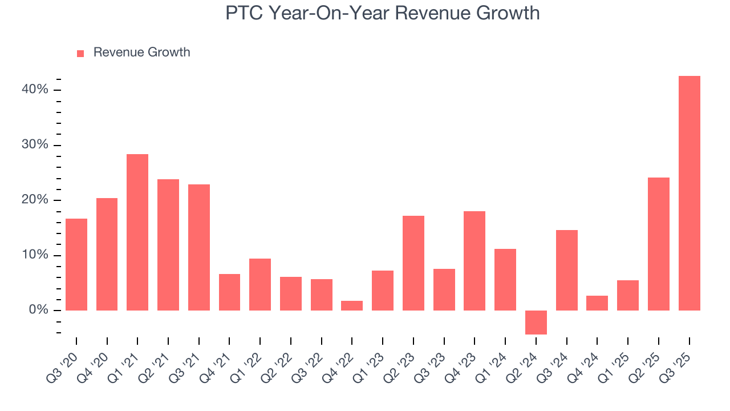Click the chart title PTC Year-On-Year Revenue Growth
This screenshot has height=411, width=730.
(x=382, y=13)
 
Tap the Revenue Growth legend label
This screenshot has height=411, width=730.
(x=141, y=53)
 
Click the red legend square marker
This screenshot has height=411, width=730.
(x=80, y=54)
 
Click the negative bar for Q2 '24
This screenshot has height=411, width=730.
(x=536, y=323)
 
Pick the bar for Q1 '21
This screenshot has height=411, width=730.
(x=137, y=232)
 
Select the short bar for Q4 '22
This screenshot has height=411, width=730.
(x=352, y=305)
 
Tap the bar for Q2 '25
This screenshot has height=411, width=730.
(x=659, y=244)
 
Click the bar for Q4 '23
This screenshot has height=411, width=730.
(x=474, y=261)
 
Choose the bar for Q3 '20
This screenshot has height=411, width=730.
(x=76, y=264)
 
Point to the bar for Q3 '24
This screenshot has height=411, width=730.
(x=567, y=270)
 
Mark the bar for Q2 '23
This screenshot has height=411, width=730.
(x=413, y=263)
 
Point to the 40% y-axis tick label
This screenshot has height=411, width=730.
(x=35, y=90)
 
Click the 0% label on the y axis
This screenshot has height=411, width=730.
(x=38, y=311)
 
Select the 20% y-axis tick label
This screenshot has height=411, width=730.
(x=35, y=200)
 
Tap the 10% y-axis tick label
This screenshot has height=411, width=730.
(x=35, y=255)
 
